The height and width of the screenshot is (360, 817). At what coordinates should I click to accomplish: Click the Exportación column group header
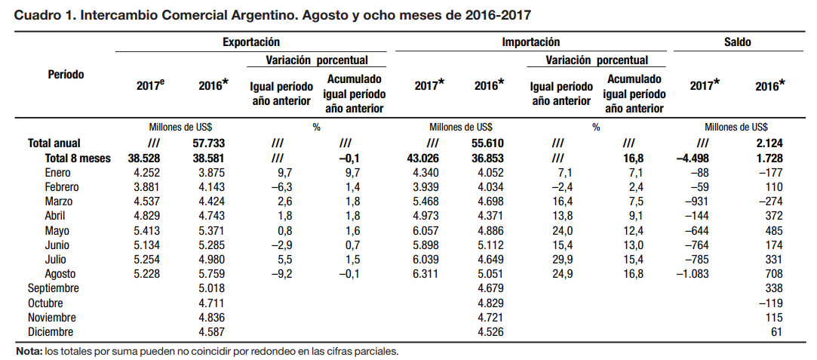(251, 43)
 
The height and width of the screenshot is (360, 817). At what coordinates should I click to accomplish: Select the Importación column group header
(530, 43)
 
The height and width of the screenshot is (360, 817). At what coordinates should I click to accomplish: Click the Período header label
(66, 75)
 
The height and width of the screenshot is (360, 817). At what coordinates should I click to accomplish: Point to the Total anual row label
(54, 143)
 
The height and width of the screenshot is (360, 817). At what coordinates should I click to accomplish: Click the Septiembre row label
(53, 288)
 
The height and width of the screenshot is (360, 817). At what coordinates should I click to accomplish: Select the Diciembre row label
(50, 331)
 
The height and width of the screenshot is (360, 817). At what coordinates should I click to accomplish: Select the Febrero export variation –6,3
(281, 186)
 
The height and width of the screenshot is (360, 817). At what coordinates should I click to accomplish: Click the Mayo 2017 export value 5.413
(146, 230)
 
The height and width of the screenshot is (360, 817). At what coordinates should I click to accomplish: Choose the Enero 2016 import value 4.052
(489, 173)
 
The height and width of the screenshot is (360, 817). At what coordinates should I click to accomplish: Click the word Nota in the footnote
(29, 352)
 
